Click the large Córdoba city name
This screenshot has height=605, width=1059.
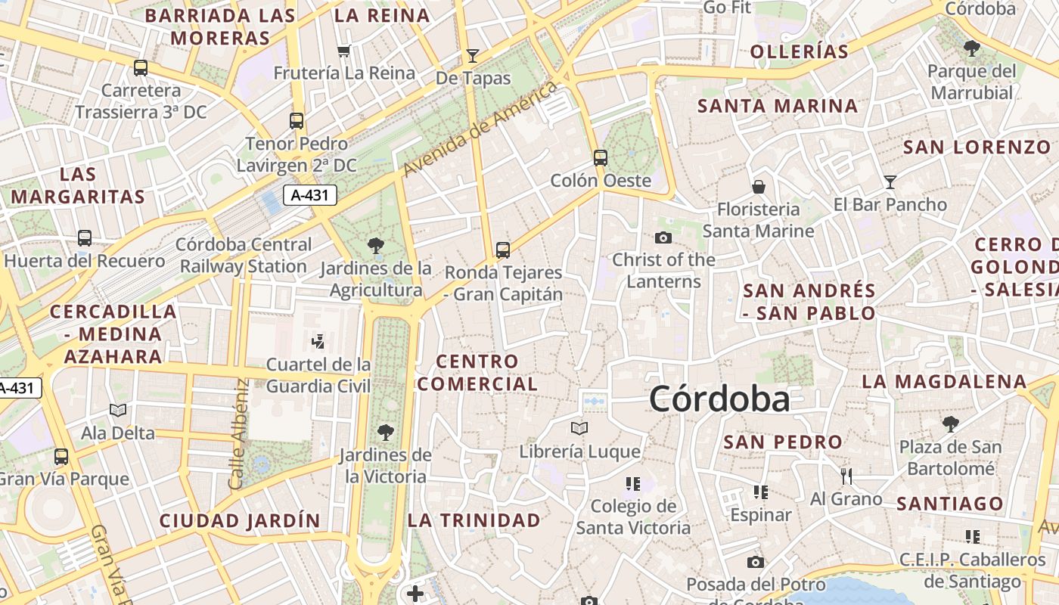point(719,399)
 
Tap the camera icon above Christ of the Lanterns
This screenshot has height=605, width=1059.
point(663,237)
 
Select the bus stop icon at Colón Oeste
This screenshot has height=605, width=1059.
point(601,158)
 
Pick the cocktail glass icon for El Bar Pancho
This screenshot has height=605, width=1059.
point(890,181)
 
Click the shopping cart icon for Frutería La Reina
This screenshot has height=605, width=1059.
point(344,51)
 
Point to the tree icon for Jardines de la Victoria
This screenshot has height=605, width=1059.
point(385,433)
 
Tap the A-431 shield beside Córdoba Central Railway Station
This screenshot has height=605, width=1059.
point(310,195)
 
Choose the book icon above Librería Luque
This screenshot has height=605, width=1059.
point(579,429)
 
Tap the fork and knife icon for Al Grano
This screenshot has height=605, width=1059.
point(846,476)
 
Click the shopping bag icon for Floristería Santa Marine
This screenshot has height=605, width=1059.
point(758,186)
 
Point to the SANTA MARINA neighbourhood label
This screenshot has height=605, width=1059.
point(778,106)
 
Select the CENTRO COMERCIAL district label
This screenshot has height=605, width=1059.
point(477,373)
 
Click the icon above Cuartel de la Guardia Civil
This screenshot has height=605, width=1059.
point(318,341)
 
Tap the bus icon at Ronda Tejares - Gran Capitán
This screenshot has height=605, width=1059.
point(503,250)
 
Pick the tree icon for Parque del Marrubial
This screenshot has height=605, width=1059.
point(972,49)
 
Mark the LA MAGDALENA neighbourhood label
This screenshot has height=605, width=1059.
point(944,381)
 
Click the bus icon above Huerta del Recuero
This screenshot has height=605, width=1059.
point(85,238)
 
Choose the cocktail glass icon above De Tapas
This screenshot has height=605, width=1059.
point(473,55)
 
